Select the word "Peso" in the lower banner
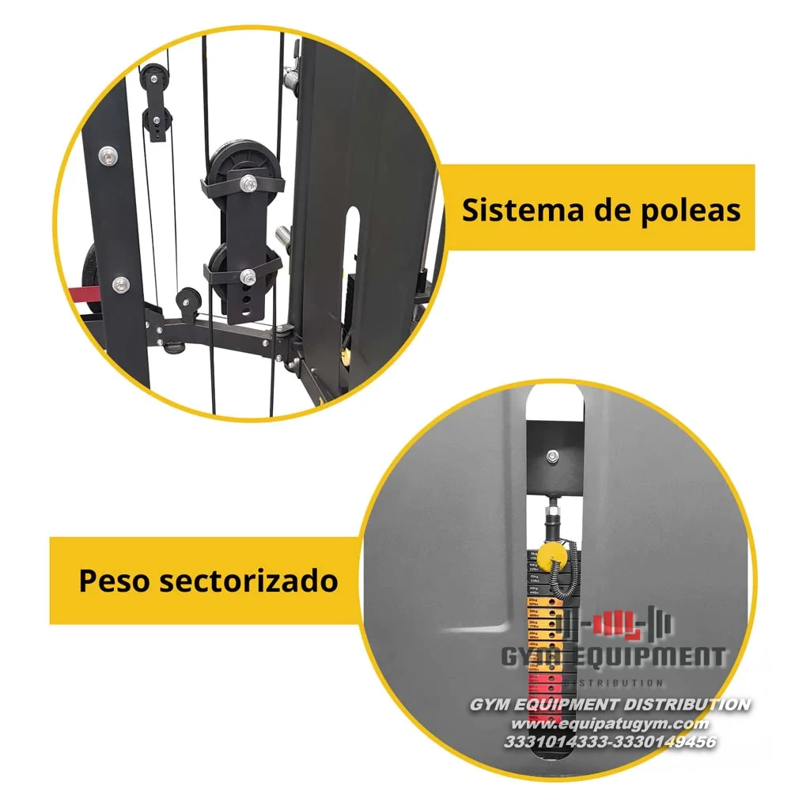pyautogui.click(x=113, y=581)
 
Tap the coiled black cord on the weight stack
pyautogui.click(x=563, y=577)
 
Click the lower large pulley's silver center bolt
pyautogui.click(x=248, y=276)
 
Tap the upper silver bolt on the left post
pyautogui.click(x=107, y=156)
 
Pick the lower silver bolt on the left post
pyautogui.click(x=119, y=283)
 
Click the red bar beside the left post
pyautogui.click(x=81, y=295)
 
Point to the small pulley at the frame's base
pyautogui.click(x=187, y=301)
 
